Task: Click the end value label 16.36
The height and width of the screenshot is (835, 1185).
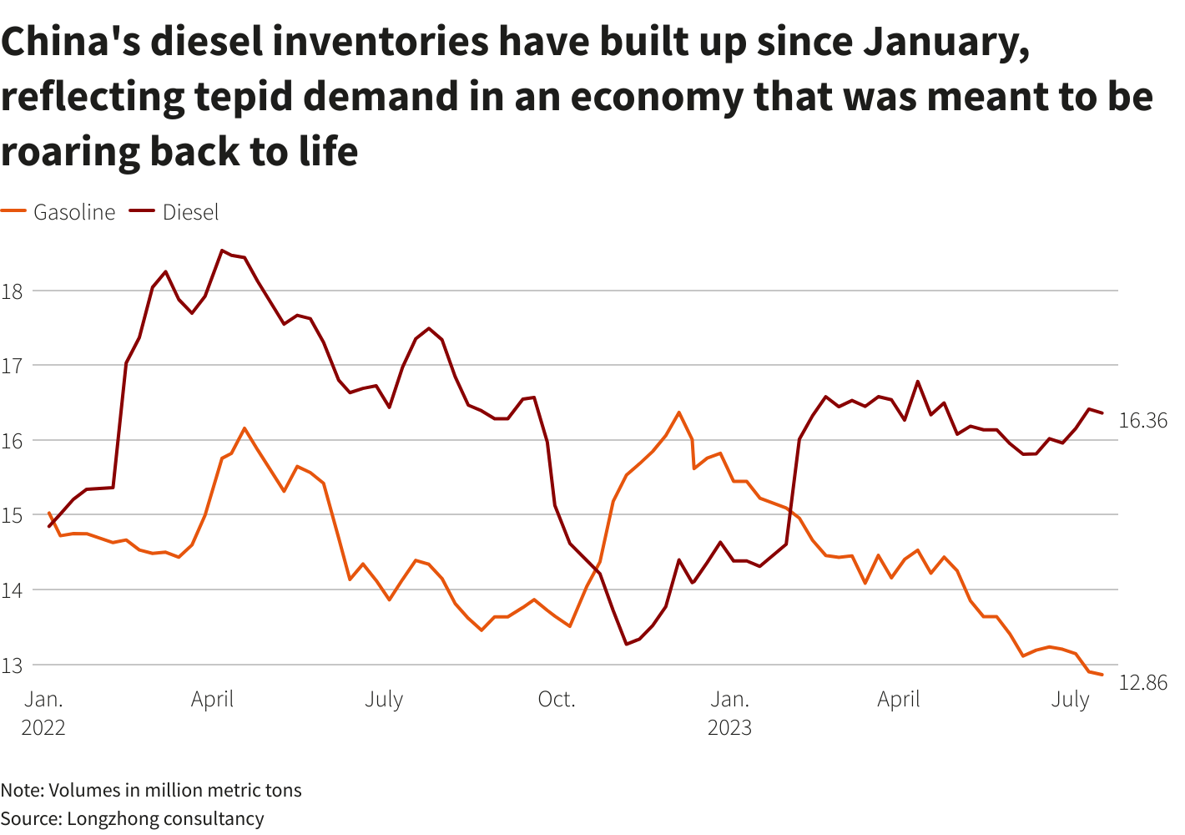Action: pos(1142,421)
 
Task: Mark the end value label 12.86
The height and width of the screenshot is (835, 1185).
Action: pos(1142,683)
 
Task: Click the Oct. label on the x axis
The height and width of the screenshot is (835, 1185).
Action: pos(557,700)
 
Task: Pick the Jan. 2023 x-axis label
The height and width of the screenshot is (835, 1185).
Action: pos(729,713)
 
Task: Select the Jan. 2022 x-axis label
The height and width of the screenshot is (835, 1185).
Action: pos(43,713)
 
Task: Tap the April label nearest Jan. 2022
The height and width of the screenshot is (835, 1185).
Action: pos(212,700)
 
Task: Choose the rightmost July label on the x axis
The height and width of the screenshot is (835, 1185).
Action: pos(1070,700)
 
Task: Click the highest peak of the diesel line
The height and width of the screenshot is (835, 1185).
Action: pos(222,250)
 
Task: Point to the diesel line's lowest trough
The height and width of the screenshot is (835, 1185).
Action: pos(626,644)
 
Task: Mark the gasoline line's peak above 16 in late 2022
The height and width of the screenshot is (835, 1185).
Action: pos(678,412)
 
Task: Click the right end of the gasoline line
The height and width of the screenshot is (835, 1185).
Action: pos(1102,675)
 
